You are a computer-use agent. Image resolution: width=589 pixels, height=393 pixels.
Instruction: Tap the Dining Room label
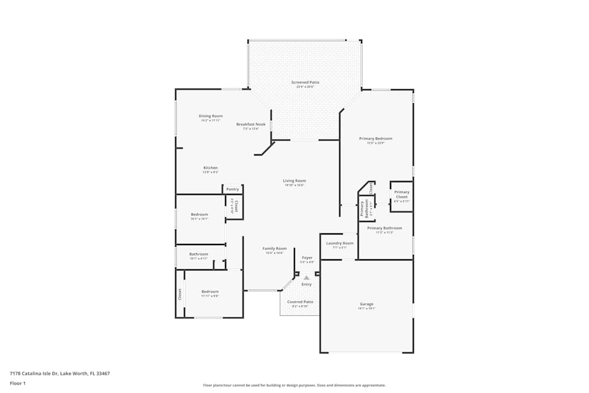[210, 116]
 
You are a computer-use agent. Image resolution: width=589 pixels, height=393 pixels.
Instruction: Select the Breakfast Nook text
[251, 124]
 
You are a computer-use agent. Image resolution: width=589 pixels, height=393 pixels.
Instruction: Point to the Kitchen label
[210, 168]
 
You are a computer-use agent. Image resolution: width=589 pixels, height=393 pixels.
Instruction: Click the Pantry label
[233, 189]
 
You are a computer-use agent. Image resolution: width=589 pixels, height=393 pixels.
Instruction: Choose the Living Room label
[294, 181]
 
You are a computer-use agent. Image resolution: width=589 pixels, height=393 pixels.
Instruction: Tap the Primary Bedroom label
[375, 138]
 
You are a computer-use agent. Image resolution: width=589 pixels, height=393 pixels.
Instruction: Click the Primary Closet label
[402, 192]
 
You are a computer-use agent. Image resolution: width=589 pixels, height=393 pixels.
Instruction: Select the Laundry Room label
[340, 243]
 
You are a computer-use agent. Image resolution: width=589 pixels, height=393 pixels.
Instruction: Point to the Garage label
[366, 305]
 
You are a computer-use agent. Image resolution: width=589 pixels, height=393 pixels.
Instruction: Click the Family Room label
[274, 249]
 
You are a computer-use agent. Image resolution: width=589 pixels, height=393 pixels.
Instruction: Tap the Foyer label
[307, 257]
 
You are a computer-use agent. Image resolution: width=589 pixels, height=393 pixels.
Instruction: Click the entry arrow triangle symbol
[306, 277]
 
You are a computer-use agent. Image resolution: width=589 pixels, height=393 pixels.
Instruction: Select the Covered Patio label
[300, 302]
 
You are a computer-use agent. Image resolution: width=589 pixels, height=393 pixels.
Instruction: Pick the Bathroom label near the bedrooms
[198, 254]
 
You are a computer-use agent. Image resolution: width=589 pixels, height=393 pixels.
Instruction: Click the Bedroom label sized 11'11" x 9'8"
[210, 292]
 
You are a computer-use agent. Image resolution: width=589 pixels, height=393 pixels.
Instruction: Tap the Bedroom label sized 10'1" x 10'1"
[199, 214]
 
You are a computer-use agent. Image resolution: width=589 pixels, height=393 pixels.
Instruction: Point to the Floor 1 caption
[18, 383]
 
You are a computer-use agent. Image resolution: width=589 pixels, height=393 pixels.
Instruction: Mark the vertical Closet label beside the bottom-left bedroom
[180, 294]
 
